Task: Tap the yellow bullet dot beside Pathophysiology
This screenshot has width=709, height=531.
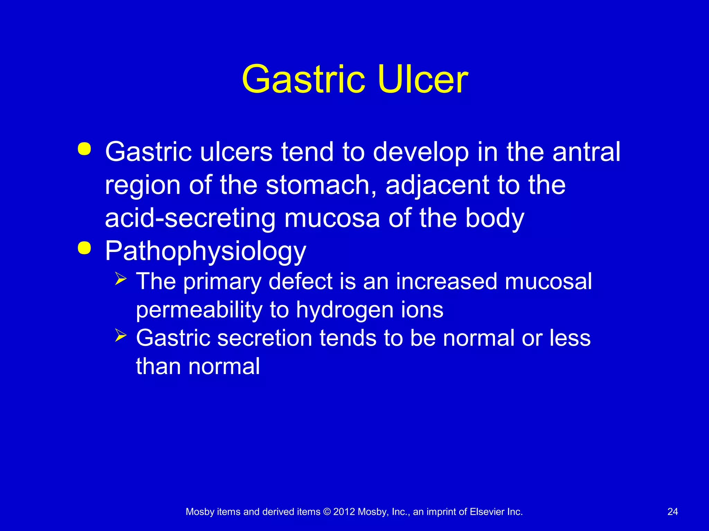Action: tap(84, 248)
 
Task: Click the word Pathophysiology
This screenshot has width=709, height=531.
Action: tap(205, 251)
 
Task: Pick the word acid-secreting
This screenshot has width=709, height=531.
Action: tap(190, 218)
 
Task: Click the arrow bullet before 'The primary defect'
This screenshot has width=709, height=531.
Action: tap(121, 279)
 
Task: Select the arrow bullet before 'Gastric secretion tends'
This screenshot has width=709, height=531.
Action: tap(121, 335)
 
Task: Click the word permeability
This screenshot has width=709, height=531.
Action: tap(199, 310)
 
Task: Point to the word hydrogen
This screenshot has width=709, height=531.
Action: tap(344, 310)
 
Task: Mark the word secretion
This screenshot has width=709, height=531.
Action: tap(265, 338)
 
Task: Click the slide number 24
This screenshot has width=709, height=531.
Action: tap(672, 512)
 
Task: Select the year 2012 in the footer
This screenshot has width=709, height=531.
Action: tap(344, 512)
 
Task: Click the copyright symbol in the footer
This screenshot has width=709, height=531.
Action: tap(326, 512)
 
